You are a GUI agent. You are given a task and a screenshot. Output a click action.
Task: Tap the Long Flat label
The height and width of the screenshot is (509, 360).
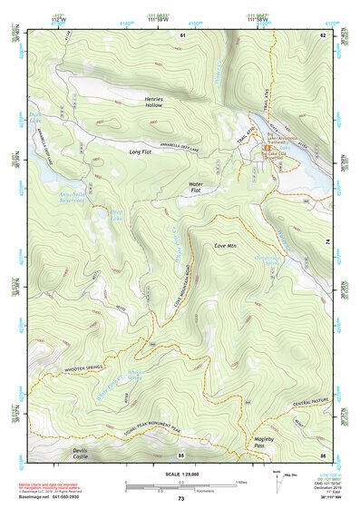coord(140,152)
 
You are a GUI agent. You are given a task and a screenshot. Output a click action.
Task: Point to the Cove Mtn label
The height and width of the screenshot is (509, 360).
coord(225,246)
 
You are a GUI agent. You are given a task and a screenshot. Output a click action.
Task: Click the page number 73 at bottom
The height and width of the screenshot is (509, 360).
coord(180,499)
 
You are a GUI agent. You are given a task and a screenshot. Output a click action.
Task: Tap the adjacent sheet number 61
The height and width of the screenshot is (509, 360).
coord(182,34)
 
